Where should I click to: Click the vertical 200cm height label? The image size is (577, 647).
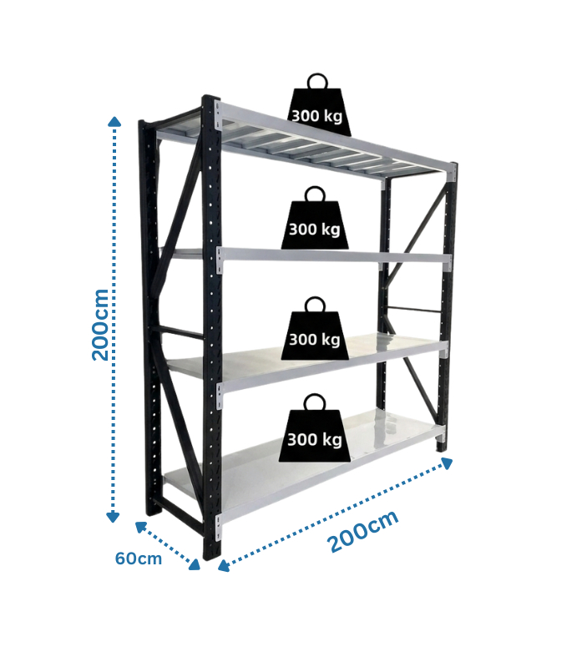100,325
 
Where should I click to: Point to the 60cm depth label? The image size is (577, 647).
139,559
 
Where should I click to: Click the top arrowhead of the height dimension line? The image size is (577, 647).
114,121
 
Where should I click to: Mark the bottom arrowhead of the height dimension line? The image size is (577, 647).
113,518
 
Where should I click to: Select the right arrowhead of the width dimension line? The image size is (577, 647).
447,463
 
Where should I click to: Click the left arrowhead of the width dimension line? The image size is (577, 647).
223,565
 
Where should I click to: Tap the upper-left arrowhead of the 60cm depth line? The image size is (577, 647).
141,527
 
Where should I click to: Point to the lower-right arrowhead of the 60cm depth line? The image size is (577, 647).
195,565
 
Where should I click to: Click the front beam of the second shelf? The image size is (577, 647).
334,255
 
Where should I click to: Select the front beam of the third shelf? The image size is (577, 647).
332,366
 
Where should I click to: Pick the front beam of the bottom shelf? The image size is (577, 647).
331,473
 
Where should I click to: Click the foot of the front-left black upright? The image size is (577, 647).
212,551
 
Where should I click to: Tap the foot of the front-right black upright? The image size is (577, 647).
442,447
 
